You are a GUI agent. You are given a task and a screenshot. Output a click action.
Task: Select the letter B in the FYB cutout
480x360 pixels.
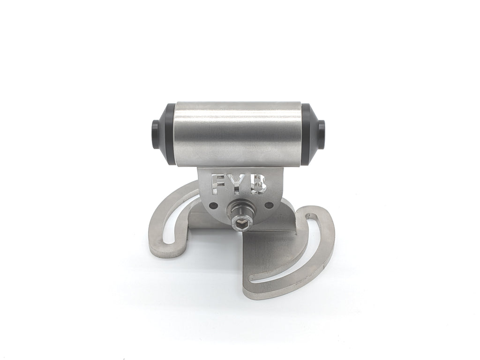pyautogui.click(x=259, y=185)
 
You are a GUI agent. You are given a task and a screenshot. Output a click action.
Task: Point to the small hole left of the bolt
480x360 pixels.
pyautogui.click(x=214, y=204)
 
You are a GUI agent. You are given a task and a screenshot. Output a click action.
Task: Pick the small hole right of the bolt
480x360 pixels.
pyautogui.click(x=269, y=204)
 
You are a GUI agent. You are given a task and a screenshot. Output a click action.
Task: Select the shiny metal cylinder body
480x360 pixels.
pyautogui.click(x=239, y=134)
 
